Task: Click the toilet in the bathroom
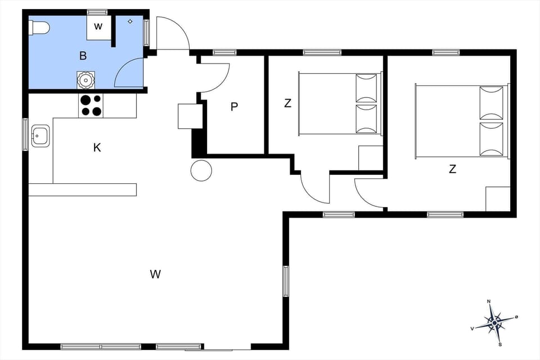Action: (41, 27)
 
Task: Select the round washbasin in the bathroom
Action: (85, 80)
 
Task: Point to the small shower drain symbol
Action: (130, 21)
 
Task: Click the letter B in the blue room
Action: (83, 55)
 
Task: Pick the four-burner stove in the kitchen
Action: (91, 105)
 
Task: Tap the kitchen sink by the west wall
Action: (40, 136)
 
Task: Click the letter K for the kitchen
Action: (97, 148)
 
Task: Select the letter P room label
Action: (234, 107)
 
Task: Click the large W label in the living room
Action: (156, 274)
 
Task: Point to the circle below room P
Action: (201, 170)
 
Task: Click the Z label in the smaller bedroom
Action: (287, 103)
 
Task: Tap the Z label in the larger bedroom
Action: (452, 169)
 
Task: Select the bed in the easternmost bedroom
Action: (461, 120)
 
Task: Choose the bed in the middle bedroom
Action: (339, 103)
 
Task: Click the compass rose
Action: (494, 322)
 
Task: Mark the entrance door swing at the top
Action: (172, 34)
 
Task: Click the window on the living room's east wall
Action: (286, 281)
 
